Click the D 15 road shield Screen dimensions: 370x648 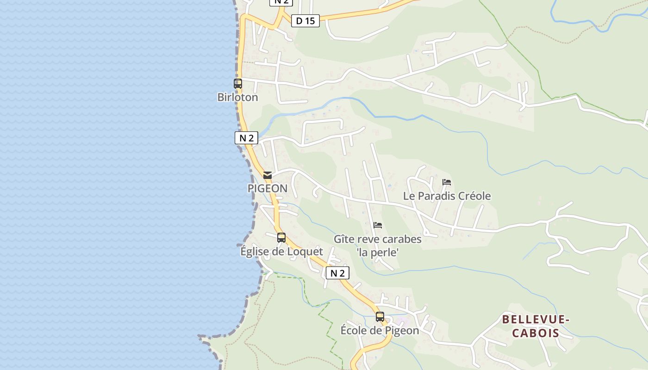tap(305, 21)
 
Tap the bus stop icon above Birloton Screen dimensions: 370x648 tap(238, 84)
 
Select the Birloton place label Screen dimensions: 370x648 tap(237, 98)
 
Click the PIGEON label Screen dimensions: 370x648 tap(268, 189)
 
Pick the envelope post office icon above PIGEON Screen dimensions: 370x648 tap(268, 175)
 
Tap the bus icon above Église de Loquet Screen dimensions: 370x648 tap(281, 238)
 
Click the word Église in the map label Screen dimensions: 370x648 tap(255, 252)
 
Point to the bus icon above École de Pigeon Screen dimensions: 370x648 tap(380, 317)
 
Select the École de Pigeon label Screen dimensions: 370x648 tap(380, 331)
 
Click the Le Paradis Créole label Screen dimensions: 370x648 tap(447, 196)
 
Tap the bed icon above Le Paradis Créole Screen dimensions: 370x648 tap(447, 182)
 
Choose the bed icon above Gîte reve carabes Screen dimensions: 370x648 tap(378, 225)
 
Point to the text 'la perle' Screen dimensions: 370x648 tap(378, 253)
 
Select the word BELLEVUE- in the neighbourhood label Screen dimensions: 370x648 tap(536, 320)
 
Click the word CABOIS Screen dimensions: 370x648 tap(536, 333)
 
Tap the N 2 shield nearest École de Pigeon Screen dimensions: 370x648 tap(337, 273)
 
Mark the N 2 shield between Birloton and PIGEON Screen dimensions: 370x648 tap(246, 138)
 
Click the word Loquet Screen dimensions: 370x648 tap(305, 252)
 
